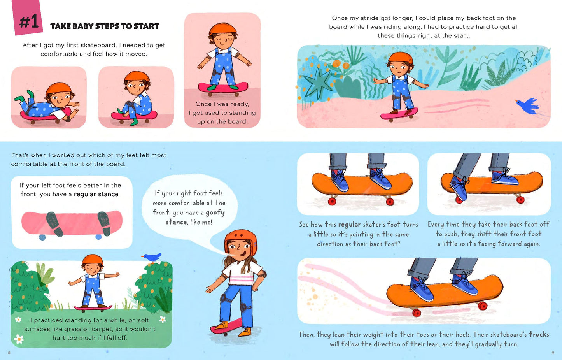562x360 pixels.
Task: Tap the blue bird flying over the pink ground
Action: (527, 105)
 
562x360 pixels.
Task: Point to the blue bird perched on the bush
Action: (152, 257)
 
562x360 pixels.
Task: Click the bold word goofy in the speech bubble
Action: (215, 212)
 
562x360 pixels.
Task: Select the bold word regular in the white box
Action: (85, 194)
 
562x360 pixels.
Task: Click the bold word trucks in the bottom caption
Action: (539, 334)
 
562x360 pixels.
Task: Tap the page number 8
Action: (9, 353)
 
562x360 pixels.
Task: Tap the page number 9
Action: (553, 353)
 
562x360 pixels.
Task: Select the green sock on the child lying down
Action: (31, 94)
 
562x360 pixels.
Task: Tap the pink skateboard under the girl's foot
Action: (226, 327)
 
